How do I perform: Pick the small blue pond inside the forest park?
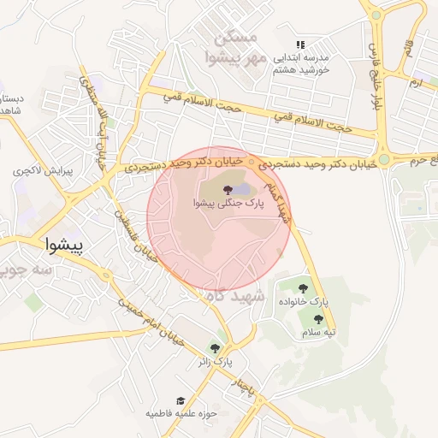244,188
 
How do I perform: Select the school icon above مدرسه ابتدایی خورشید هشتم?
299,44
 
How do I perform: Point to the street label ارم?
416,83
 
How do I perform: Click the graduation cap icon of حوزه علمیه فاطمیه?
181,401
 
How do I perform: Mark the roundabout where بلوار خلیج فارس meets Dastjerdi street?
384,158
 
